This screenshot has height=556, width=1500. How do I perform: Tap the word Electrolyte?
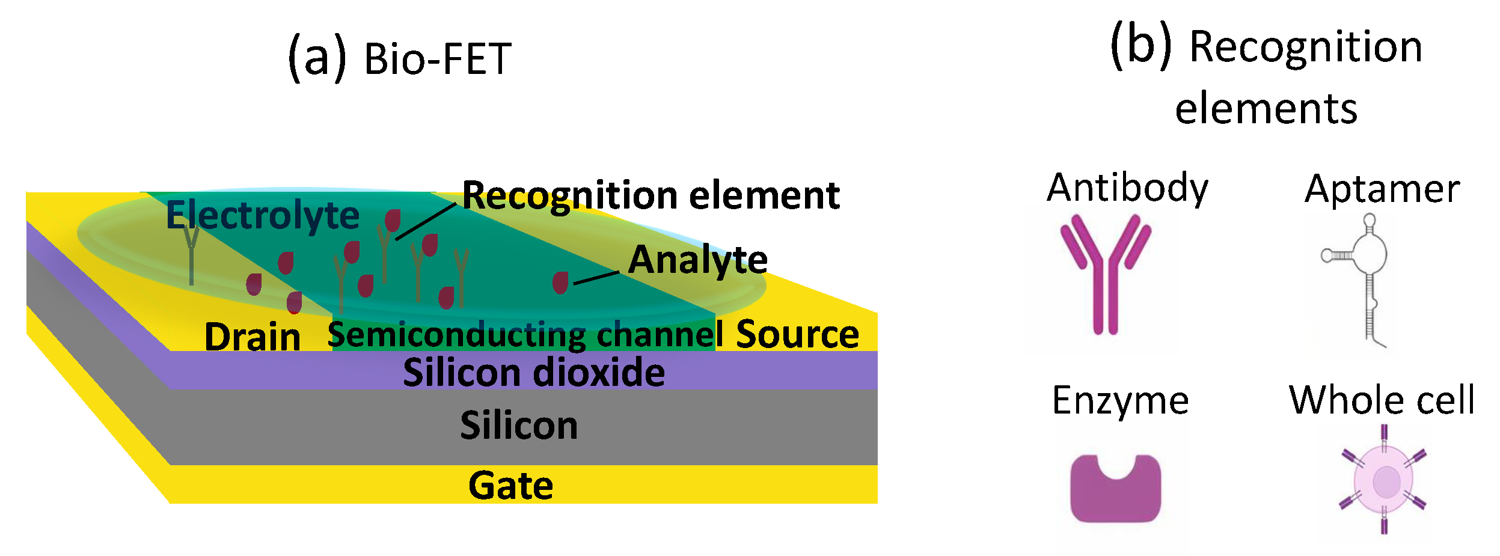pyautogui.click(x=263, y=215)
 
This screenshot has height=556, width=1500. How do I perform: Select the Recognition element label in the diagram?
pyautogui.click(x=651, y=195)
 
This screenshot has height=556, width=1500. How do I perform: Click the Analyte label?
pyautogui.click(x=697, y=260)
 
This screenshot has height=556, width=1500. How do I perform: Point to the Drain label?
pyautogui.click(x=253, y=337)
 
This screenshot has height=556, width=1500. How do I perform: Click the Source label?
pyautogui.click(x=797, y=334)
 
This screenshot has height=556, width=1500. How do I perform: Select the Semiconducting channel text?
pyautogui.click(x=525, y=335)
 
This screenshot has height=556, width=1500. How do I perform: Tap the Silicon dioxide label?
pyautogui.click(x=534, y=373)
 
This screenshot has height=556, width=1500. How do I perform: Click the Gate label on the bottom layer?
pyautogui.click(x=510, y=486)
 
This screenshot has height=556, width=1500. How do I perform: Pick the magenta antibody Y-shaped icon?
pyautogui.click(x=1105, y=273)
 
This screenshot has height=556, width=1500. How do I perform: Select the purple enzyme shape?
pyautogui.click(x=1115, y=489)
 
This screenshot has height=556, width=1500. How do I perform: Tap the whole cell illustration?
pyautogui.click(x=1383, y=480)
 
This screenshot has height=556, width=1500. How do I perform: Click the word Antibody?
pyautogui.click(x=1127, y=188)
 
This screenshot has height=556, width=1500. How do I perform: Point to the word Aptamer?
pyautogui.click(x=1382, y=189)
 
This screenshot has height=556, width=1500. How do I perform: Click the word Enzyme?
pyautogui.click(x=1120, y=401)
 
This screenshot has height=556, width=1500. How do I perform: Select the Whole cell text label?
pyautogui.click(x=1382, y=400)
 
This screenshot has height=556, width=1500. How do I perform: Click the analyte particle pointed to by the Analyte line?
pyautogui.click(x=560, y=283)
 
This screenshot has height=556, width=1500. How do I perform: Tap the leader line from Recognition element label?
pyautogui.click(x=425, y=222)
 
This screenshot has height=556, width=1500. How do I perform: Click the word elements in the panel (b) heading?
pyautogui.click(x=1266, y=109)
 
